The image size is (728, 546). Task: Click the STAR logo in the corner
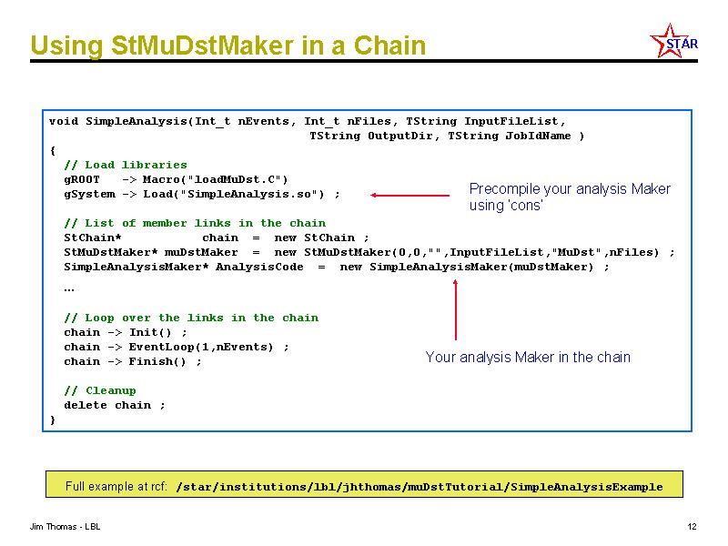[673, 41]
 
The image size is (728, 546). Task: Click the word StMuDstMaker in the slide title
[202, 45]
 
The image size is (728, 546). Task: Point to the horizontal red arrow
[410, 196]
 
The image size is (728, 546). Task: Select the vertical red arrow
[456, 309]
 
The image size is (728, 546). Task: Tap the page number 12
[692, 527]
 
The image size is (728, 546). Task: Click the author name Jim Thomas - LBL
[65, 527]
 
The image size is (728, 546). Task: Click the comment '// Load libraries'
[126, 165]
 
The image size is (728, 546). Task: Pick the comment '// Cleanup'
[100, 390]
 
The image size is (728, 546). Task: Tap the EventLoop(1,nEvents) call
[201, 347]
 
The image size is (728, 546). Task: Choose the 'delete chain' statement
[107, 405]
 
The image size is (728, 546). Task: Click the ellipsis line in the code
[69, 290]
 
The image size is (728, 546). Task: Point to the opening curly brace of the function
[53, 150]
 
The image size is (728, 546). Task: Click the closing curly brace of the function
[53, 420]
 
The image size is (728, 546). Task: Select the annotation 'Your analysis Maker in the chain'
[528, 357]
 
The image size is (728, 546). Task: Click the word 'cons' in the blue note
[527, 206]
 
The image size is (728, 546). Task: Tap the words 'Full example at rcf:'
[116, 486]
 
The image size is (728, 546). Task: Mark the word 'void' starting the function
[64, 122]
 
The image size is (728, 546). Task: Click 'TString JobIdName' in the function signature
[509, 136]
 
